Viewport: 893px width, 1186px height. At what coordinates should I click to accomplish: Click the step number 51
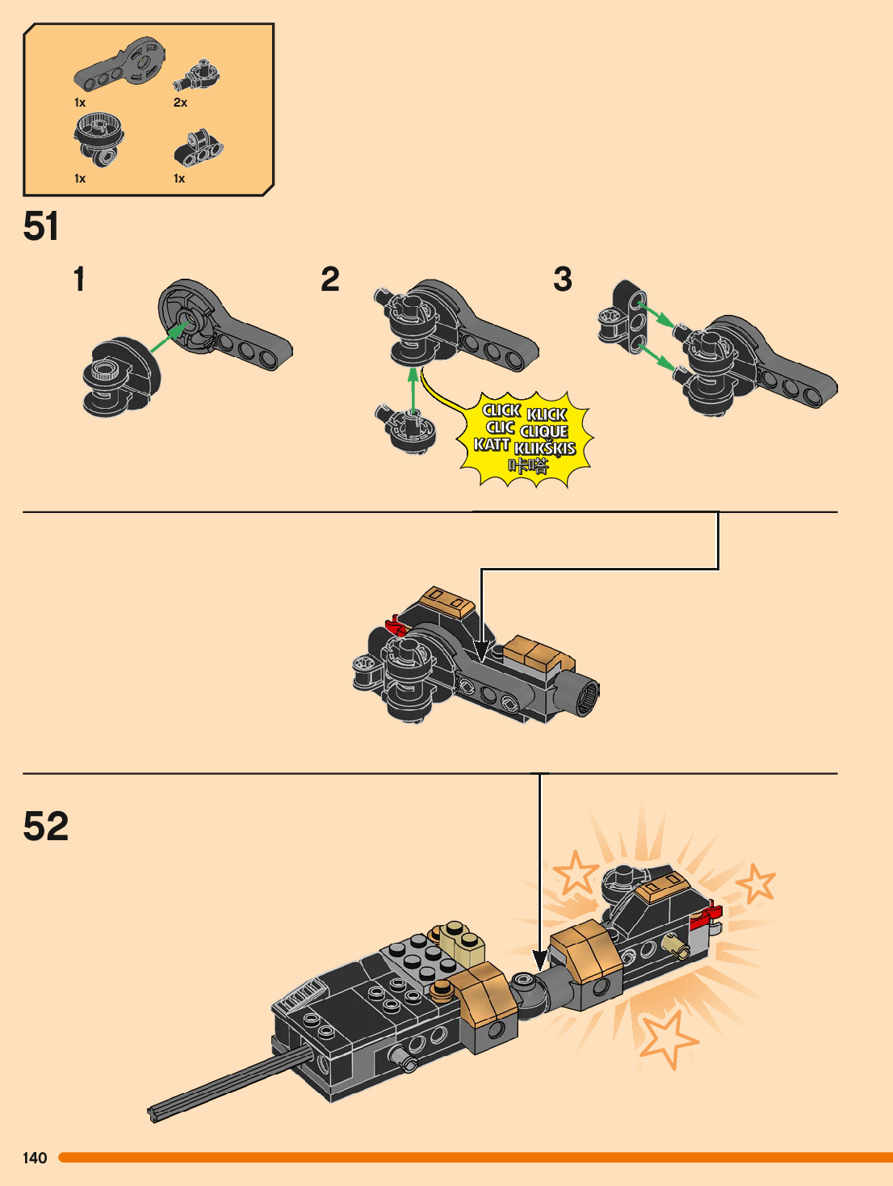pos(41,226)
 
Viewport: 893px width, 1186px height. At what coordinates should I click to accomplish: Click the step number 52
pos(46,826)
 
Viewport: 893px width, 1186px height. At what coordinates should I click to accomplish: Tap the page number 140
pos(35,1158)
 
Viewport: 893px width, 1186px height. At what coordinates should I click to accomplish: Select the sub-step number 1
pos(79,280)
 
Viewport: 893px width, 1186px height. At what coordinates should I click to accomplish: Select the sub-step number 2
pos(330,280)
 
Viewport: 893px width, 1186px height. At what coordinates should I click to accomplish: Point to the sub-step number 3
pos(563,280)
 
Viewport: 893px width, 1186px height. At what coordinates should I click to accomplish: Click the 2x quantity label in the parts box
pos(180,103)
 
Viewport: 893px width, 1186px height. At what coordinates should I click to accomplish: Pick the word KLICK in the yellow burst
pos(547,414)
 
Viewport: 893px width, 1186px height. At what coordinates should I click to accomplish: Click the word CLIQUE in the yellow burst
pos(544,431)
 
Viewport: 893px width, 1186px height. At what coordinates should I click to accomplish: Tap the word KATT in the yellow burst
pos(492,444)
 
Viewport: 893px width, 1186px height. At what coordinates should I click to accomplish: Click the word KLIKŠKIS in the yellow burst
pos(545,448)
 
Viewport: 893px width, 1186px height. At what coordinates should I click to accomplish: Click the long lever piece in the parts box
pos(121,65)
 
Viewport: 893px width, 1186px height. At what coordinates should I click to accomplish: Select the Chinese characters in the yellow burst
pos(529,466)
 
